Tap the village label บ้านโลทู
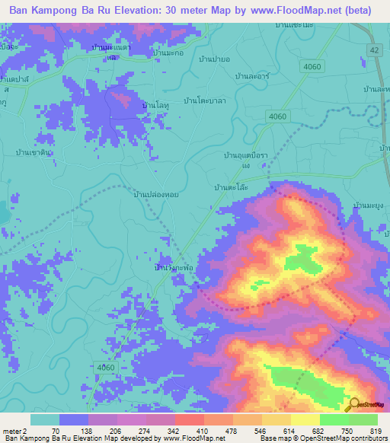[x=155, y=104]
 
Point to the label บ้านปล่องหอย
[x=155, y=195]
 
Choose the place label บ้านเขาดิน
[x=35, y=152]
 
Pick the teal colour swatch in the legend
[x=44, y=419]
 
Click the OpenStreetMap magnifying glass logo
[x=353, y=405]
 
